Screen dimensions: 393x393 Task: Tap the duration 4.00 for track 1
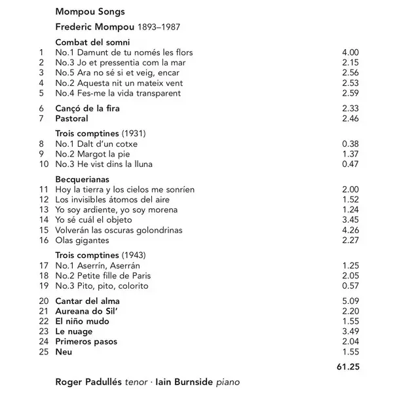point(351,52)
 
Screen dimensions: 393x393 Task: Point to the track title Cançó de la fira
point(87,107)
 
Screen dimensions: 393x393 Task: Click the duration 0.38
point(351,143)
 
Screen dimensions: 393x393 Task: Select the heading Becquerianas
point(82,179)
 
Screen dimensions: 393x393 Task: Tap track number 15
point(45,230)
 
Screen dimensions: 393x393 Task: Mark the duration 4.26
point(351,230)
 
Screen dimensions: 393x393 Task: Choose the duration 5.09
point(351,301)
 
